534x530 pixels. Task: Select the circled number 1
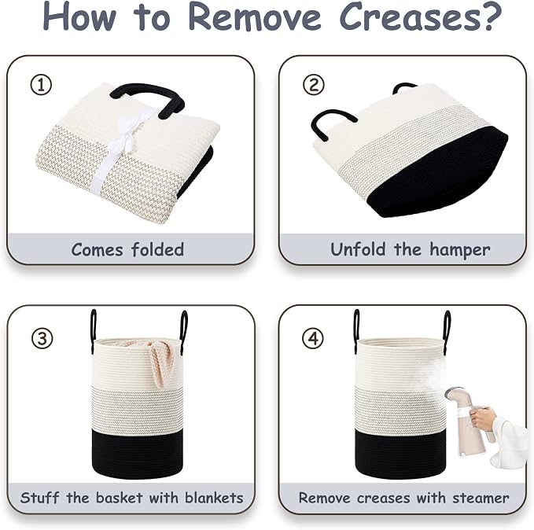pyautogui.click(x=41, y=85)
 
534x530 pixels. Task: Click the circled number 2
pyautogui.click(x=314, y=84)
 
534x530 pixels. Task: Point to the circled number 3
pyautogui.click(x=42, y=338)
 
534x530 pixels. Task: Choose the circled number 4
pyautogui.click(x=313, y=338)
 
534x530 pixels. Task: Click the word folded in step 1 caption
pyautogui.click(x=157, y=249)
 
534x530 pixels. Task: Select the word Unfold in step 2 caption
pyautogui.click(x=359, y=249)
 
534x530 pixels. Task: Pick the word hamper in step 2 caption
pyautogui.click(x=459, y=250)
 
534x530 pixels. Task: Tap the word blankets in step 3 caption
pyautogui.click(x=214, y=497)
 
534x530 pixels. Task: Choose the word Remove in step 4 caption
pyautogui.click(x=324, y=498)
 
